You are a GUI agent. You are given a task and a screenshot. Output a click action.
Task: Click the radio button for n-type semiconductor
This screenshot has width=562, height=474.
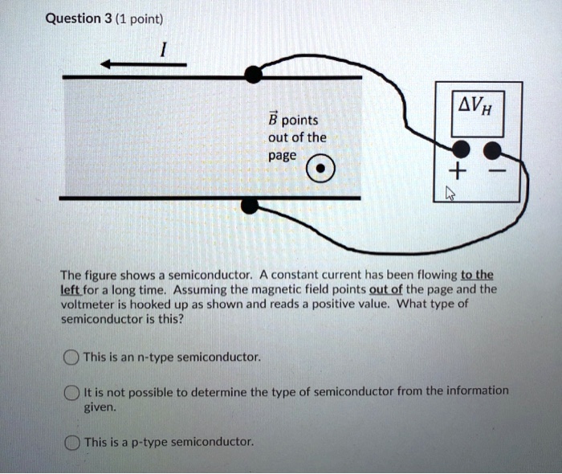[x=71, y=357]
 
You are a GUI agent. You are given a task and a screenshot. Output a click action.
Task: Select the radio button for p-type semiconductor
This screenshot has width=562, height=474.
[x=71, y=442]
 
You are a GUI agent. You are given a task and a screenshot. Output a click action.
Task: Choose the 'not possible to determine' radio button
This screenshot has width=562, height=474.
[x=71, y=391]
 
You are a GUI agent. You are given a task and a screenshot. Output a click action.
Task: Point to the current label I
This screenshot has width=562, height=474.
[x=163, y=49]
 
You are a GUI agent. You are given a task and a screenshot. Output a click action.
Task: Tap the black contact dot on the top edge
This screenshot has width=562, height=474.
[x=253, y=76]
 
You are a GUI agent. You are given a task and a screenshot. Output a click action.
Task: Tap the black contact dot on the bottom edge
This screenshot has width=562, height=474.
[x=250, y=206]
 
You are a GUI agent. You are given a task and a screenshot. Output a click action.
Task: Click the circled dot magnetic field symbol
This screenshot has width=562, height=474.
[x=319, y=170]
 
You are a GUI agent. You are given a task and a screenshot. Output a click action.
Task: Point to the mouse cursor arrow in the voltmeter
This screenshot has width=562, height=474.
[x=450, y=192]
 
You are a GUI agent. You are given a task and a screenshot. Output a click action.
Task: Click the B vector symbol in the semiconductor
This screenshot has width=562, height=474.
[x=273, y=119]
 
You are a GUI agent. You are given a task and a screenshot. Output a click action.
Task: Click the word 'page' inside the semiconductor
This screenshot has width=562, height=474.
[x=282, y=154]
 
